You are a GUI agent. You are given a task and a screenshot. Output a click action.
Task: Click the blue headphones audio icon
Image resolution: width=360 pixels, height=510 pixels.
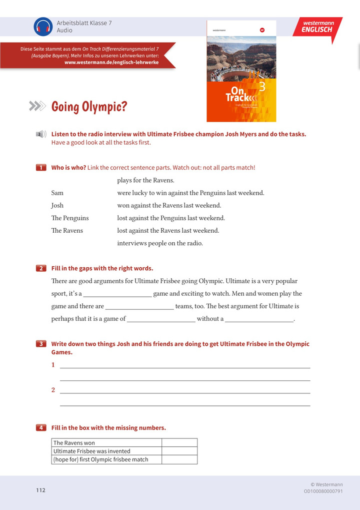[43, 27]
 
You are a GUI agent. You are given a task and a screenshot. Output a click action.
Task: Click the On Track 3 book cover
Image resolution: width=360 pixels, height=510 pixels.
[241, 71]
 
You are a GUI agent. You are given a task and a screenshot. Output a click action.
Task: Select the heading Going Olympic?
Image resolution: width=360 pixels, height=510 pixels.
[89, 107]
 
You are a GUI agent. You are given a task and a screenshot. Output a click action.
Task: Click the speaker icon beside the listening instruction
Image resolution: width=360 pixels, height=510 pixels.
[41, 134]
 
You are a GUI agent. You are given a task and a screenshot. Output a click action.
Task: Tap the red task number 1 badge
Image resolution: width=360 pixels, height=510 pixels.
[41, 168]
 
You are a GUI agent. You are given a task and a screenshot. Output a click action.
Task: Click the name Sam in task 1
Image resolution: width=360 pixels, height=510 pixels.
[57, 193]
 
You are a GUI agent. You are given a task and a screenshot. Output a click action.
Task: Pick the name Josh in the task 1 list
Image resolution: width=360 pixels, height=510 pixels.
[57, 205]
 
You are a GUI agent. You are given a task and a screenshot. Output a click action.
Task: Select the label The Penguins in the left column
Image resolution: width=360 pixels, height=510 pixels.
[70, 218]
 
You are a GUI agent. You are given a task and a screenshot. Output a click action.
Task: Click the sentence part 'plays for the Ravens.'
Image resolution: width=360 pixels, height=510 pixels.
[145, 180]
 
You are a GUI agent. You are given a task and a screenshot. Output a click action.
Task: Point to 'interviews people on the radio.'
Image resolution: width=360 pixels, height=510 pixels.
[160, 243]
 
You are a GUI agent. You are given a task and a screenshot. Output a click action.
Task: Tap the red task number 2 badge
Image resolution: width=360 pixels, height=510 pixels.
[41, 268]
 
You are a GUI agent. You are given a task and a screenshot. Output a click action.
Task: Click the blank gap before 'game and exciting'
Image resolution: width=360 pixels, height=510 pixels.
[117, 294]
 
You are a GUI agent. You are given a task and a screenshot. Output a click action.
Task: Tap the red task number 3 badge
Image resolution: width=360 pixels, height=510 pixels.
[41, 344]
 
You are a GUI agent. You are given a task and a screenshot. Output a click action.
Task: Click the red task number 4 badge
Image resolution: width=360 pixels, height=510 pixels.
[41, 428]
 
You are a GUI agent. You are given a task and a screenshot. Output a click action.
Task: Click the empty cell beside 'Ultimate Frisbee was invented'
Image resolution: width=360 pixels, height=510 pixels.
[179, 451]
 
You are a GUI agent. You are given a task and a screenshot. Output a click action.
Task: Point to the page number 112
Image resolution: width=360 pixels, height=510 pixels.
[40, 490]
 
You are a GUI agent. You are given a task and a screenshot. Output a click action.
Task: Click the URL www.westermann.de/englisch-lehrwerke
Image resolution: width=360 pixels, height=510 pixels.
[111, 63]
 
